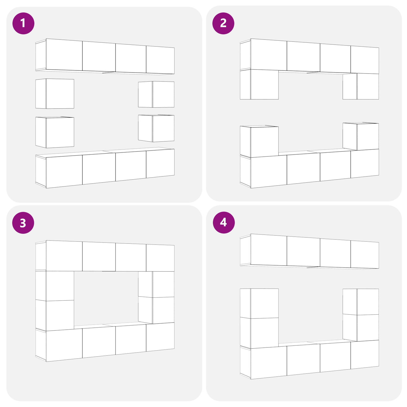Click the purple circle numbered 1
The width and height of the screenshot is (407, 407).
(23, 23)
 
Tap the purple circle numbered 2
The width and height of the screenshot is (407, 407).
(223, 23)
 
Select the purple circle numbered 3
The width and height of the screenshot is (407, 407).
(23, 223)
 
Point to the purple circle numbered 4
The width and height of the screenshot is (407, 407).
(224, 222)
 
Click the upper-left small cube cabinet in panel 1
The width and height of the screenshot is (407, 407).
(55, 94)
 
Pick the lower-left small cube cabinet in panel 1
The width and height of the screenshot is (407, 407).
(55, 132)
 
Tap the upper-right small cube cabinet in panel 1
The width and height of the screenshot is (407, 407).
(156, 94)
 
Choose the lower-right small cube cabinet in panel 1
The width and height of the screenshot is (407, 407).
(156, 128)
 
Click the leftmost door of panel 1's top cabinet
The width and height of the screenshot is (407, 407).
(64, 55)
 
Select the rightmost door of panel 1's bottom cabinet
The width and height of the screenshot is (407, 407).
(160, 164)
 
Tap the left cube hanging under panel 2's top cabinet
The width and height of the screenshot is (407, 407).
(259, 84)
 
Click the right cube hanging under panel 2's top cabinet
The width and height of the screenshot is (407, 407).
(361, 86)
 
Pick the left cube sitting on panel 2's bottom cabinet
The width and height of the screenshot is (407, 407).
(259, 141)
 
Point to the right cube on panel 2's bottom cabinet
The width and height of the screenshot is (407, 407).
(361, 137)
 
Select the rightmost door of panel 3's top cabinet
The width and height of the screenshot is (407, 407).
(160, 258)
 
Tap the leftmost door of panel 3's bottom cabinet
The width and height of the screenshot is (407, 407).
(64, 345)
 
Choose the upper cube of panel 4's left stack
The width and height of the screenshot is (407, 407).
(259, 303)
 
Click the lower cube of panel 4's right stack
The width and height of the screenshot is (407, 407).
(361, 328)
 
